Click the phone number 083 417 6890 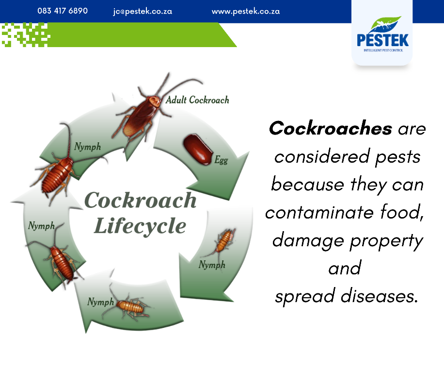click(63, 11)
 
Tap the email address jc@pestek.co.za click(143, 11)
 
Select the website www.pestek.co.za click(245, 11)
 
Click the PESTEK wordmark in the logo click(382, 40)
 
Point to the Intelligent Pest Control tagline click(383, 51)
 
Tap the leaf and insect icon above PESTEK click(386, 24)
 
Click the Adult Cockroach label click(197, 100)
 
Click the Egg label click(221, 160)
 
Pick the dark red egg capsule click(198, 150)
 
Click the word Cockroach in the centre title click(141, 201)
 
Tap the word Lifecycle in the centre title click(140, 226)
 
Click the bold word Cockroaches click(331, 129)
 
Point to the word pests click(398, 157)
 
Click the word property click(386, 241)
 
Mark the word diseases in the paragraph click(379, 296)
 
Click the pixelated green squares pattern click(26, 35)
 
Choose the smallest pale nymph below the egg click(222, 243)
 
